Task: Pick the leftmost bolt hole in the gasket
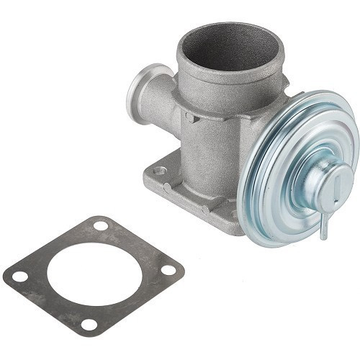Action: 21,276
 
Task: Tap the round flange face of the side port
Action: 140,93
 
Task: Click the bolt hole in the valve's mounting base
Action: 160,171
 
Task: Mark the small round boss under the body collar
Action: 189,117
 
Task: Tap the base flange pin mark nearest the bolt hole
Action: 167,188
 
